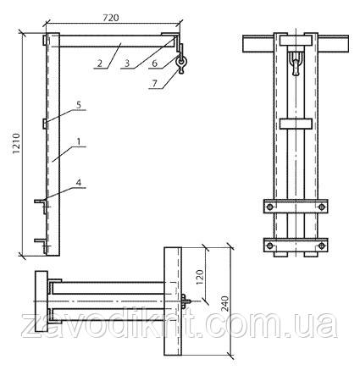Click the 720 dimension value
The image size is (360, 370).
pyautogui.click(x=111, y=18)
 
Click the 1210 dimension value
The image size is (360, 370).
pyautogui.click(x=17, y=143)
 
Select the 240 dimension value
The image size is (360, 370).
pyautogui.click(x=225, y=304)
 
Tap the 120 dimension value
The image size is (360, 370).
pyautogui.click(x=200, y=278)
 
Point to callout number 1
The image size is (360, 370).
pyautogui.click(x=79, y=142)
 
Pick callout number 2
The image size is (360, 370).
pyautogui.click(x=99, y=64)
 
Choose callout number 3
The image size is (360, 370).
pyautogui.click(x=127, y=64)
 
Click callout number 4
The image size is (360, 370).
pyautogui.click(x=79, y=183)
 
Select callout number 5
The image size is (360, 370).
pyautogui.click(x=79, y=105)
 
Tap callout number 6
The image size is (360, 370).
pyautogui.click(x=154, y=64)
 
